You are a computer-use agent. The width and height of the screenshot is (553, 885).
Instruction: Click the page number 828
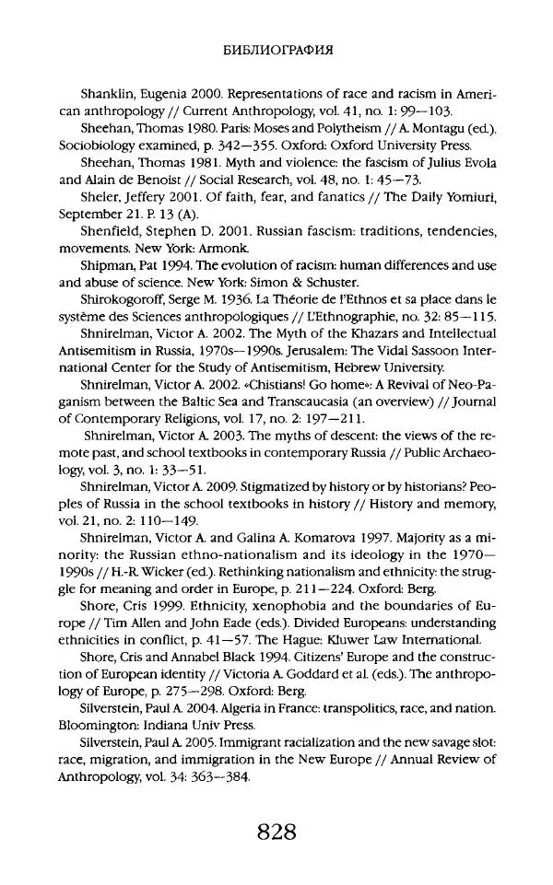pos(277,833)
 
